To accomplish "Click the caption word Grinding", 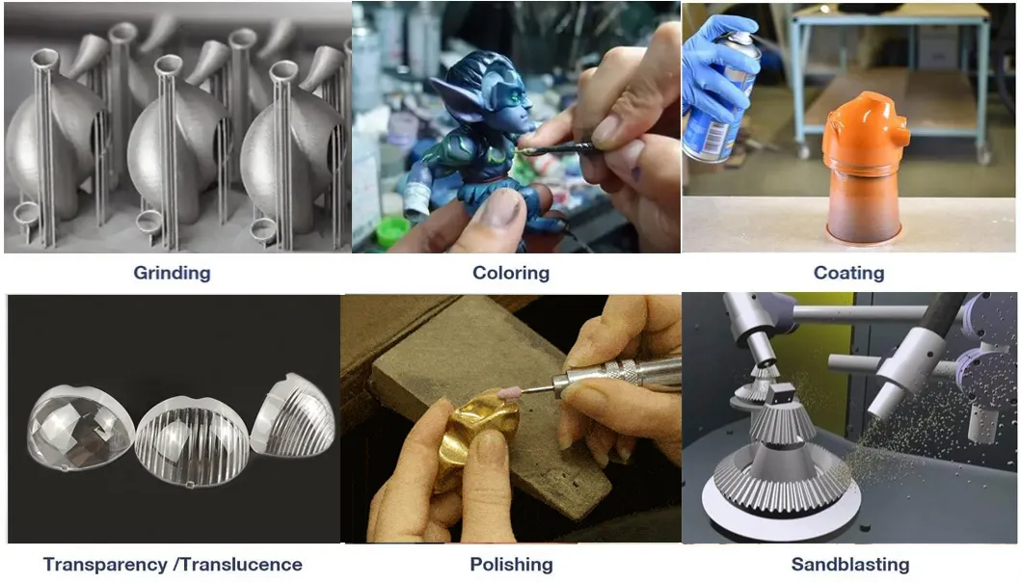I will [x=172, y=273].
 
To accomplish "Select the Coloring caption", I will [x=510, y=273].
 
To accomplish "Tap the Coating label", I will [x=848, y=273].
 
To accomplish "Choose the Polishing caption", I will [x=511, y=565].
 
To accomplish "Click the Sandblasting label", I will [x=849, y=565].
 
